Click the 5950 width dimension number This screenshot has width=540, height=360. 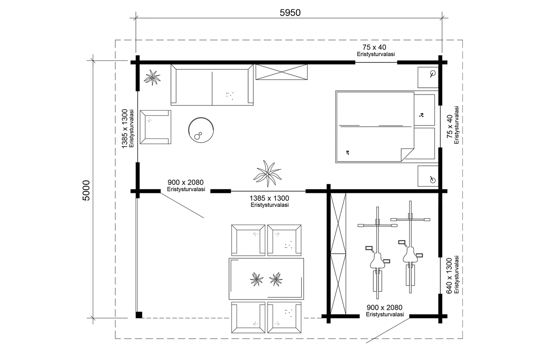coord(290,13)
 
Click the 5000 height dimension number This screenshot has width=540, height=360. coord(86,190)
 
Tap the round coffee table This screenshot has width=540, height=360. coord(201,130)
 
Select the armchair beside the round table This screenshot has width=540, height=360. coord(156,127)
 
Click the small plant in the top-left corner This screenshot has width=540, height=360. coord(152,77)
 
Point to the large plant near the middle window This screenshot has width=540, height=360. coord(267,173)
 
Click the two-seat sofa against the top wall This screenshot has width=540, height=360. coord(212,85)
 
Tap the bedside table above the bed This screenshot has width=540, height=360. coord(428,77)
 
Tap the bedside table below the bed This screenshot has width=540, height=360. coord(428,176)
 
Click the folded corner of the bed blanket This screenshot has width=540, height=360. coord(407,154)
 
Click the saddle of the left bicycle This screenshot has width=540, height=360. coord(378,261)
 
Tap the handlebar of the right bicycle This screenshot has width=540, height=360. coord(410,219)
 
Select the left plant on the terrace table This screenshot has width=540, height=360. coord(256,279)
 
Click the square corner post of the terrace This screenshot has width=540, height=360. coord(139,315)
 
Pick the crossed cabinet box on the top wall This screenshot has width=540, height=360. coord(281,72)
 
